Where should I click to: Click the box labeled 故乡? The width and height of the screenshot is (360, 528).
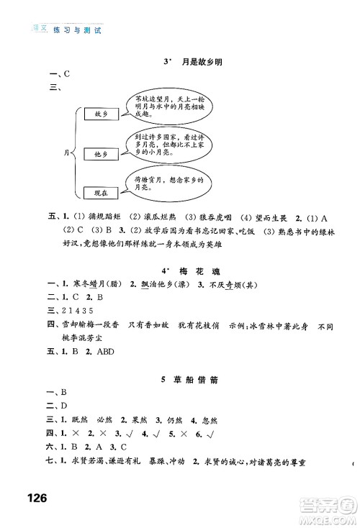click(x=98, y=114)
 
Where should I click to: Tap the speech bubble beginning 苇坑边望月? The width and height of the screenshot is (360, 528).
click(x=162, y=104)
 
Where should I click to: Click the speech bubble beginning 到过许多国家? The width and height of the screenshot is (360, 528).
click(x=163, y=144)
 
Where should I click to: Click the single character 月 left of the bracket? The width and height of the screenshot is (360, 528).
click(x=68, y=153)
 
